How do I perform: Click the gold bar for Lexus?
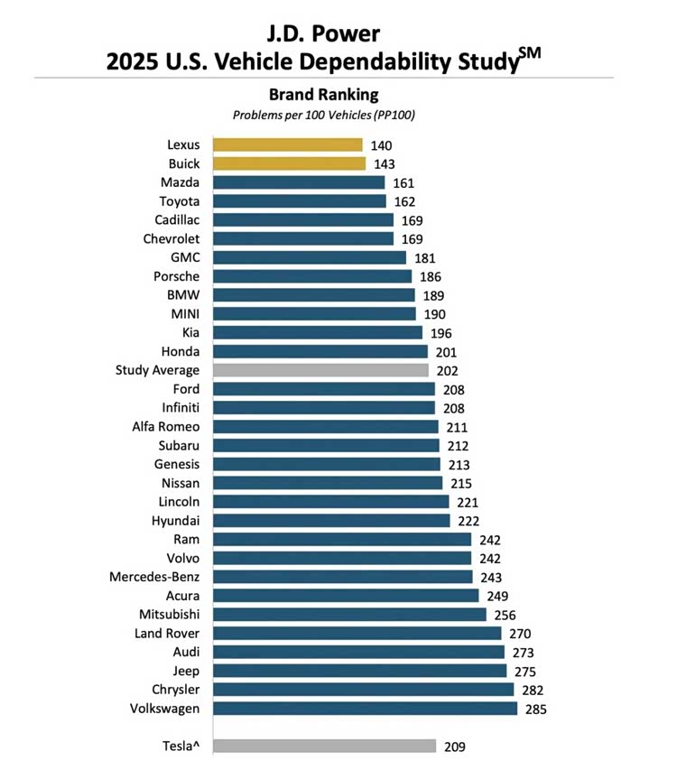(287, 145)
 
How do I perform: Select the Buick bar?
(289, 163)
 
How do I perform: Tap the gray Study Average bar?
(320, 370)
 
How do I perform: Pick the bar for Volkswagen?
(365, 709)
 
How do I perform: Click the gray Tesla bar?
(324, 746)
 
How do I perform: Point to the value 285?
(535, 709)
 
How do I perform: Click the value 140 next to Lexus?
(381, 145)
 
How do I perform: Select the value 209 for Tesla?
(454, 746)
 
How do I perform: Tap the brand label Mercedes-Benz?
(154, 577)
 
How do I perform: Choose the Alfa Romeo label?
(166, 427)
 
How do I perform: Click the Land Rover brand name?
(167, 634)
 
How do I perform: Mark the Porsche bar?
(311, 276)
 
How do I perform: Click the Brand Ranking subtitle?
(324, 94)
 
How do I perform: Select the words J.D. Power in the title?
(323, 33)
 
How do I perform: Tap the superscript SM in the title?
(530, 52)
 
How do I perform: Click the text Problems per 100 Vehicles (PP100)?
(324, 115)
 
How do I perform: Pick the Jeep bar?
(359, 671)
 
